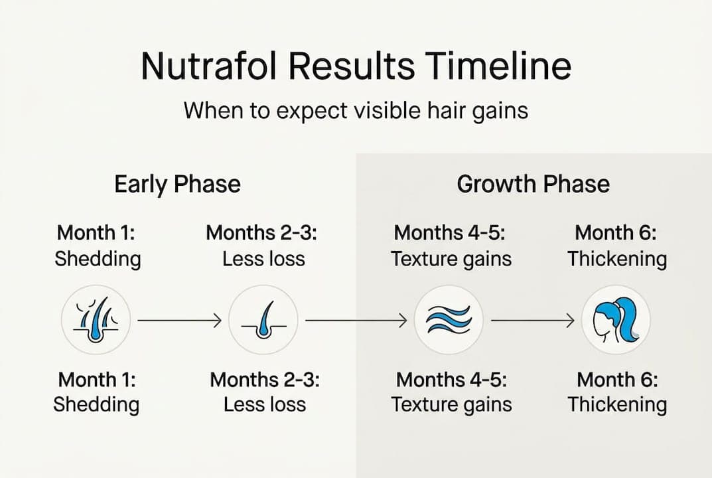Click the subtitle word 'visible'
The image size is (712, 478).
(374, 110)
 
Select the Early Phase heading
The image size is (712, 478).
(177, 184)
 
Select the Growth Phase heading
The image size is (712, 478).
(533, 184)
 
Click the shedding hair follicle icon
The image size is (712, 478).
(96, 321)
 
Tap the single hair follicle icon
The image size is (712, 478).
(263, 321)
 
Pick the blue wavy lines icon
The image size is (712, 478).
(448, 321)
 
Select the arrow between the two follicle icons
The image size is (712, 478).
(179, 321)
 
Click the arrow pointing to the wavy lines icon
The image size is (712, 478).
(356, 321)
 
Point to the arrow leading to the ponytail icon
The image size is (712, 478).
(533, 321)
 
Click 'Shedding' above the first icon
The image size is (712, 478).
(98, 259)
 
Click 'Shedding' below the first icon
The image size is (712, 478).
(96, 404)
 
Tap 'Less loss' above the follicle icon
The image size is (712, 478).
(263, 259)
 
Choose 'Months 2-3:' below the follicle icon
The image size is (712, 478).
(265, 380)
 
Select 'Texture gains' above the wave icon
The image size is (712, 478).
(451, 259)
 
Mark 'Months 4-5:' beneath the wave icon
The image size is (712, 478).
(451, 380)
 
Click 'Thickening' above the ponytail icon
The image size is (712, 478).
(616, 259)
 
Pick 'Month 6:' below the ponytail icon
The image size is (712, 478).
(617, 380)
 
